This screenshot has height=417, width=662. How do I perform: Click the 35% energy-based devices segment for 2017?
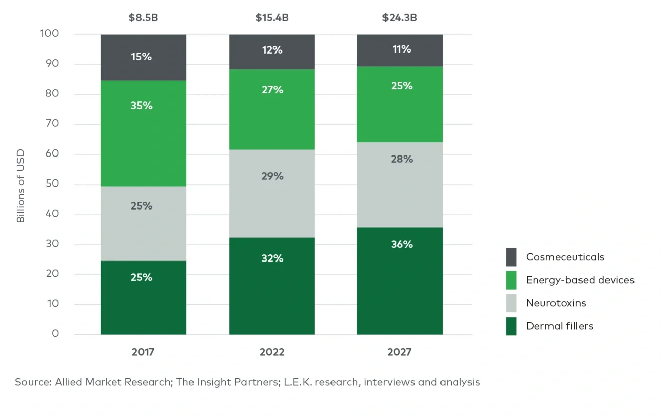pos(143,133)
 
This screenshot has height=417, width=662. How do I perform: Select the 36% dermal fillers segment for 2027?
pos(400,280)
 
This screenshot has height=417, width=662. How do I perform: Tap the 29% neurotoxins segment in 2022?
pos(271,193)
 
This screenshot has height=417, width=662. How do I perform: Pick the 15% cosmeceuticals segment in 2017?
pos(143,57)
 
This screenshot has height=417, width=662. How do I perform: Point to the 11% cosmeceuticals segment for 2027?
pos(400,50)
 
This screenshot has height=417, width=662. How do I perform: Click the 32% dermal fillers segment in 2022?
pos(271,285)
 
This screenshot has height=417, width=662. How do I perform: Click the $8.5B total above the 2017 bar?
pos(143,18)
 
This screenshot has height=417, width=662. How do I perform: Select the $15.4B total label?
pos(272,18)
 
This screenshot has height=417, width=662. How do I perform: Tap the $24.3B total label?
pos(400,18)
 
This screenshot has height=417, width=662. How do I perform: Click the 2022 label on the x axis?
pos(271,352)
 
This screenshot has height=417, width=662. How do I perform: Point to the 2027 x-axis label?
pos(400,352)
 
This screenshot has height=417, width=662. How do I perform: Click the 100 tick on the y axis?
pos(49,34)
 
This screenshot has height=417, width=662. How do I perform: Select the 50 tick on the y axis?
pos(52,185)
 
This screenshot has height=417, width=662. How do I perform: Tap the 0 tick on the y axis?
pos(56,334)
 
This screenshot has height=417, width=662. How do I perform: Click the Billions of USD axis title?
pos(21,186)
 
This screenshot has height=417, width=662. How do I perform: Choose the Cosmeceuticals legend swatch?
pos(511,257)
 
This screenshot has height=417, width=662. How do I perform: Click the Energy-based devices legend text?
pos(580,280)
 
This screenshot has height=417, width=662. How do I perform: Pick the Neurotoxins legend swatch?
pos(511,303)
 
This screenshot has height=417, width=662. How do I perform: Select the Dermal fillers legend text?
pos(560,326)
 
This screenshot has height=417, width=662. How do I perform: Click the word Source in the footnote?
pos(32,382)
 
